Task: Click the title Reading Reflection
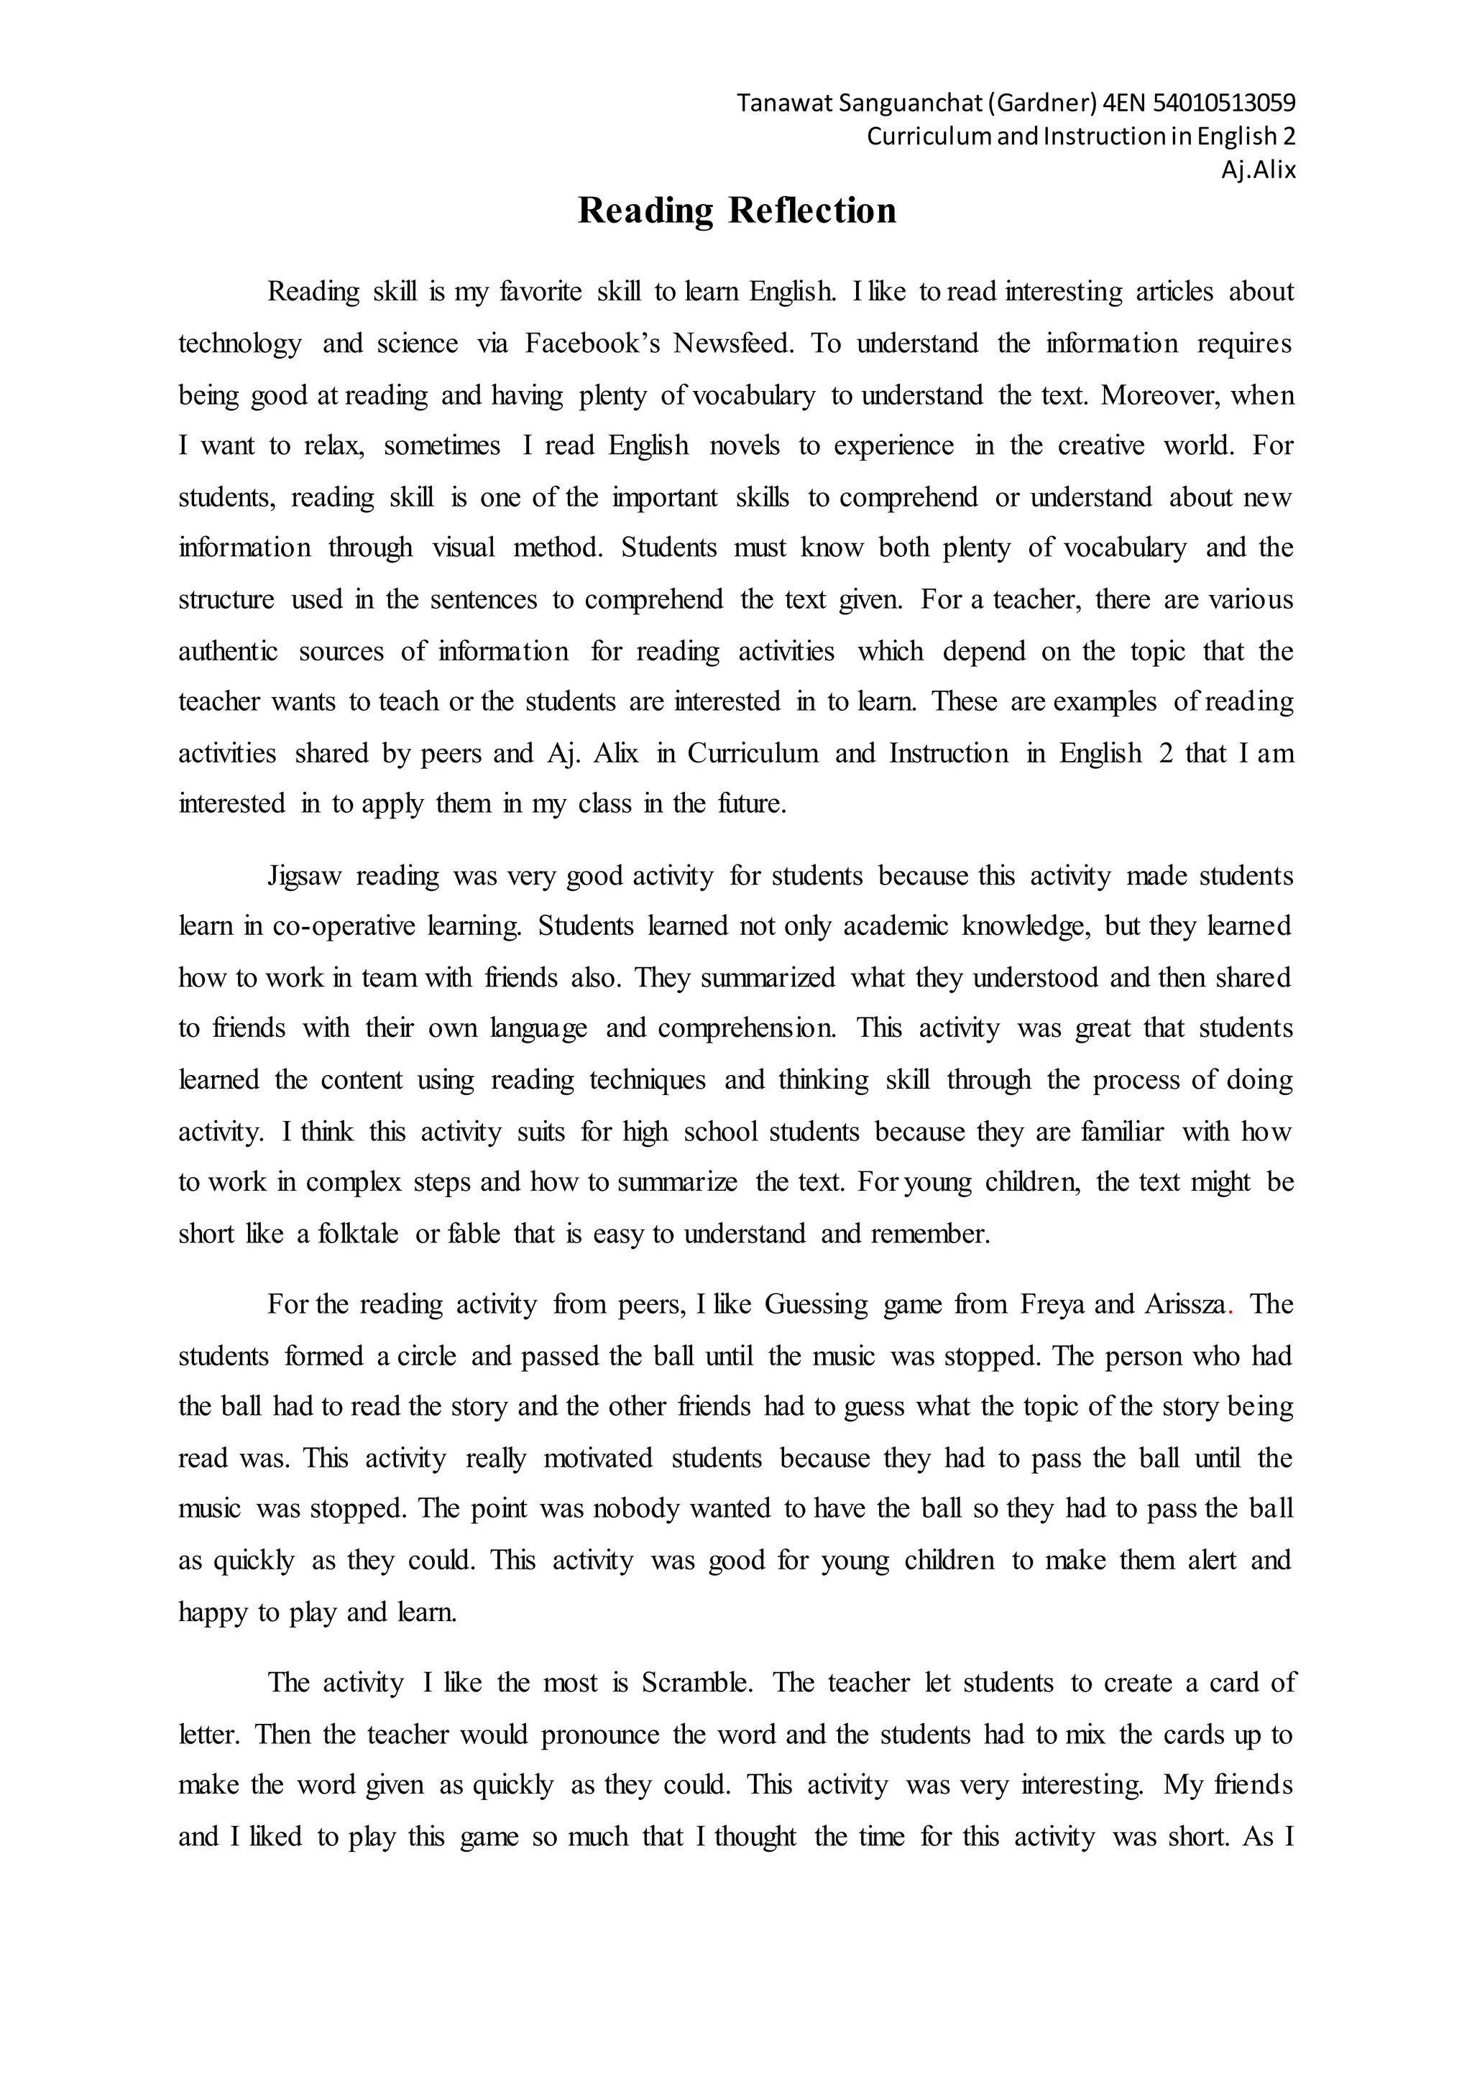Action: click(737, 211)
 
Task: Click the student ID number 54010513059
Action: click(1223, 103)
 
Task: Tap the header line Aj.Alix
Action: click(1258, 170)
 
